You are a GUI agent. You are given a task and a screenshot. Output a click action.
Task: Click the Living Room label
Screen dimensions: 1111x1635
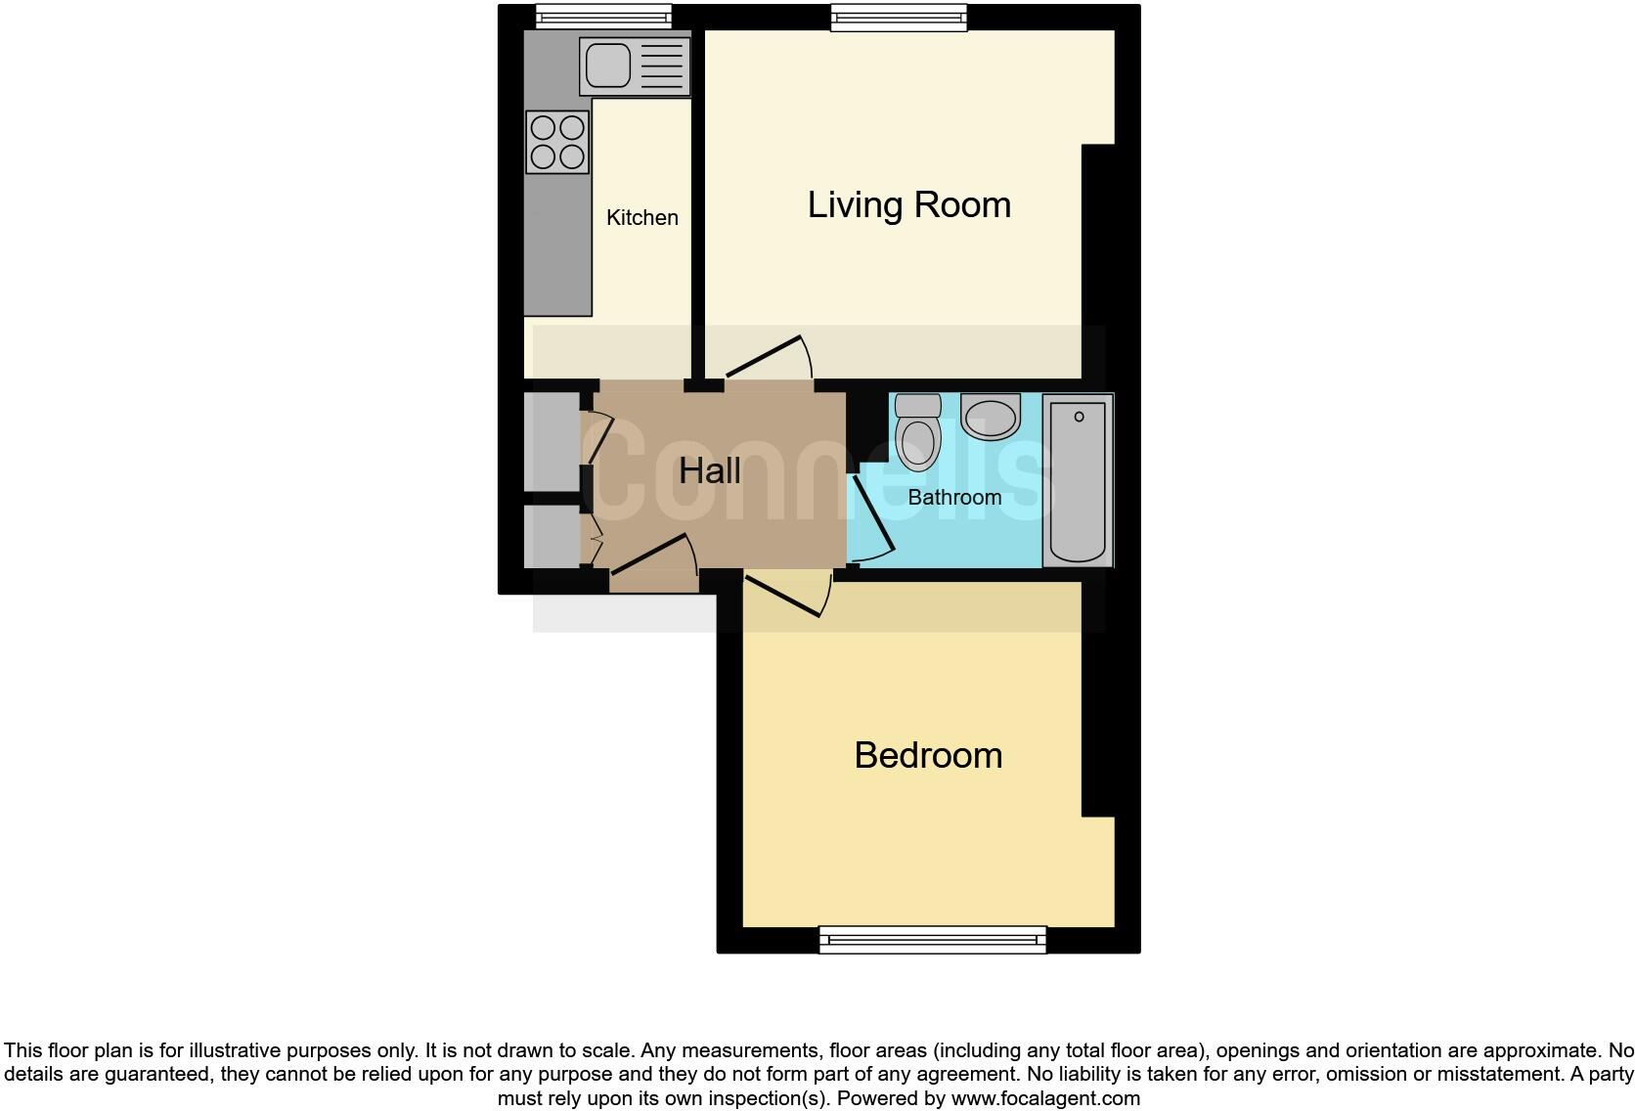point(908,205)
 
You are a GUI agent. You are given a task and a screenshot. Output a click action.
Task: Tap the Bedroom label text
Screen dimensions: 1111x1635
point(928,756)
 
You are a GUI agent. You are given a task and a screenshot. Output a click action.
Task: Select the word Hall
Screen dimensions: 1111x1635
point(709,471)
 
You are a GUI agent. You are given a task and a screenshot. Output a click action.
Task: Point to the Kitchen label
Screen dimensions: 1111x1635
point(641,218)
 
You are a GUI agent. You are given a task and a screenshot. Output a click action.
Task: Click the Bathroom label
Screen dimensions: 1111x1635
point(954,497)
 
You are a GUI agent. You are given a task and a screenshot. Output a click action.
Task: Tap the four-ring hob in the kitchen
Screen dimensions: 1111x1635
point(557,143)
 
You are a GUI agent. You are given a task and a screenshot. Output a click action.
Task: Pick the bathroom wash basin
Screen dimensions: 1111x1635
point(990,417)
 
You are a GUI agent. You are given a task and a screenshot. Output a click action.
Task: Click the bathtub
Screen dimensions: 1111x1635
point(1078,480)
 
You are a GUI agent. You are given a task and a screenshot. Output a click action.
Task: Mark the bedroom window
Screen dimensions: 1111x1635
point(932,940)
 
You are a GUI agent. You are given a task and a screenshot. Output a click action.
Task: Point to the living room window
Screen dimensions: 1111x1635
point(899,17)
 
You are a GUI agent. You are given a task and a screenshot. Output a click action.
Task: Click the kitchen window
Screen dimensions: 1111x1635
point(603,16)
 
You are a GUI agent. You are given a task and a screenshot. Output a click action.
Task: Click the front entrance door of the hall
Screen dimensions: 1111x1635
point(652,555)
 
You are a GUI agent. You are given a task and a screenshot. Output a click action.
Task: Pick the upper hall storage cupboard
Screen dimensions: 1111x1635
point(552,441)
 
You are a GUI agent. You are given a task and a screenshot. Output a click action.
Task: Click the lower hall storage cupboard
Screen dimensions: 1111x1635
point(552,536)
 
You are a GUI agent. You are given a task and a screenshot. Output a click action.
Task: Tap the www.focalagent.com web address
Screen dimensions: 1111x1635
point(1044,1098)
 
